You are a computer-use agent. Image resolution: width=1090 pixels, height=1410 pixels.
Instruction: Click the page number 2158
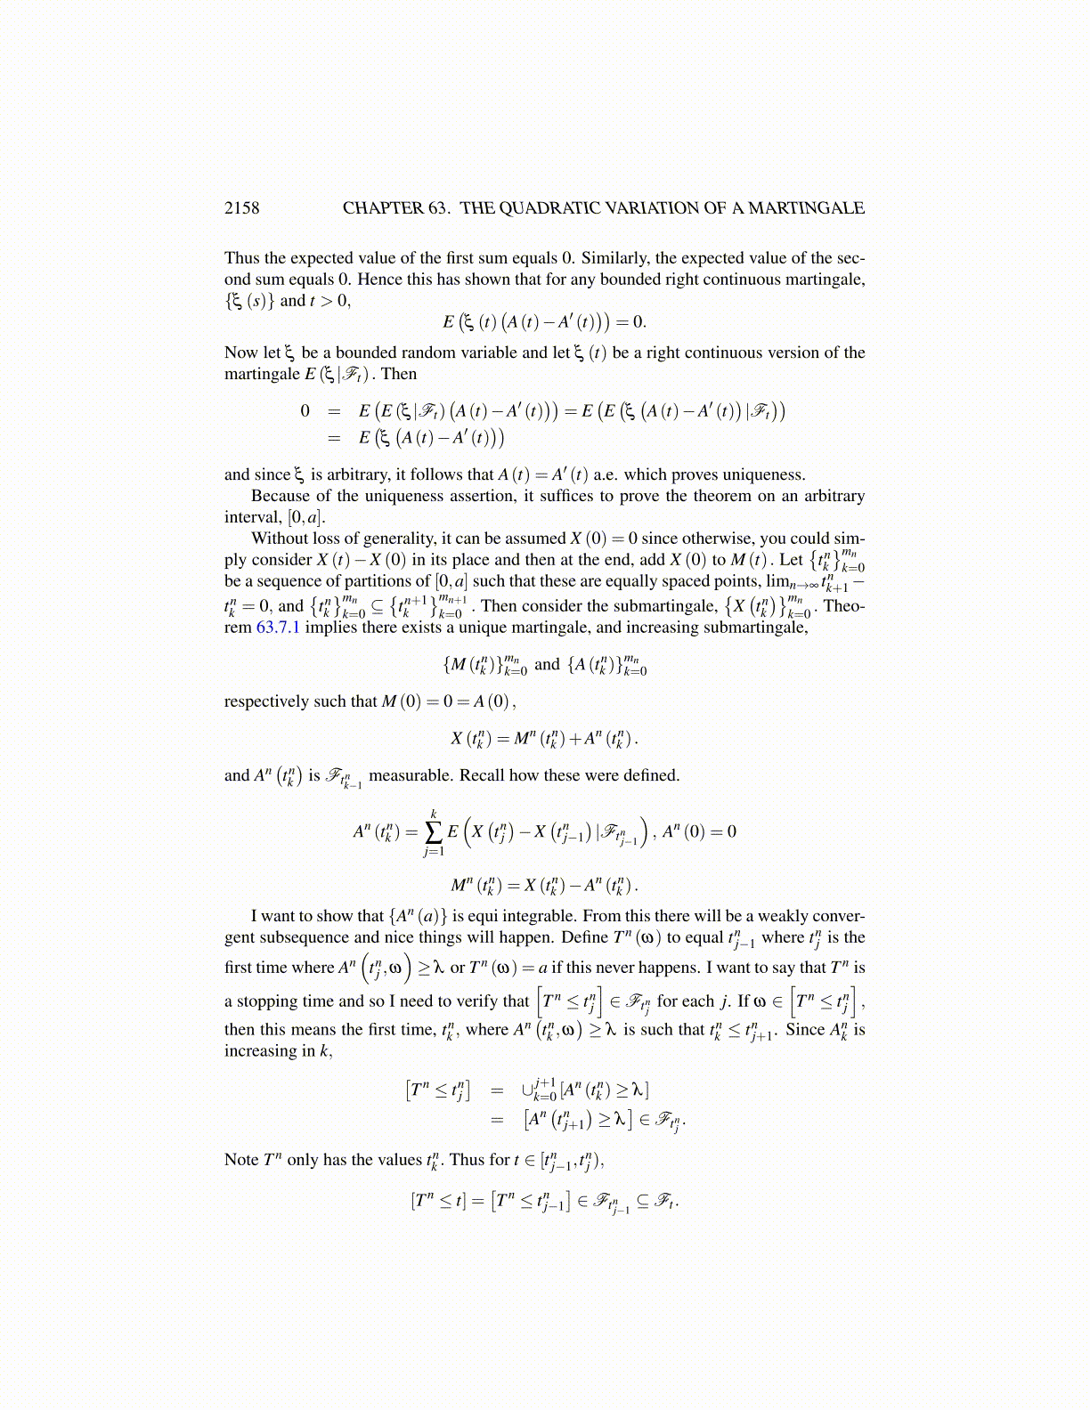(241, 208)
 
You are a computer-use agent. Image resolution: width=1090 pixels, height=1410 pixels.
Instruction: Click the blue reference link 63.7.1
(278, 628)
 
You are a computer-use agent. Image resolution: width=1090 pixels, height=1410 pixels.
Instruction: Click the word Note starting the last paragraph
(241, 1160)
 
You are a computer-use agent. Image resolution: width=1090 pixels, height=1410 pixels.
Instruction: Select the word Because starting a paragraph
(279, 496)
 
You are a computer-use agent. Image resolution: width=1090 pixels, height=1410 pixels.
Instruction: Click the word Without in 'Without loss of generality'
(279, 538)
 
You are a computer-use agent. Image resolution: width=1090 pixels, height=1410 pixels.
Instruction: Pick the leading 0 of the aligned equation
(305, 410)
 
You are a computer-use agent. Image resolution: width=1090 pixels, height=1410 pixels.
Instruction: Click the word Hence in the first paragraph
(378, 280)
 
